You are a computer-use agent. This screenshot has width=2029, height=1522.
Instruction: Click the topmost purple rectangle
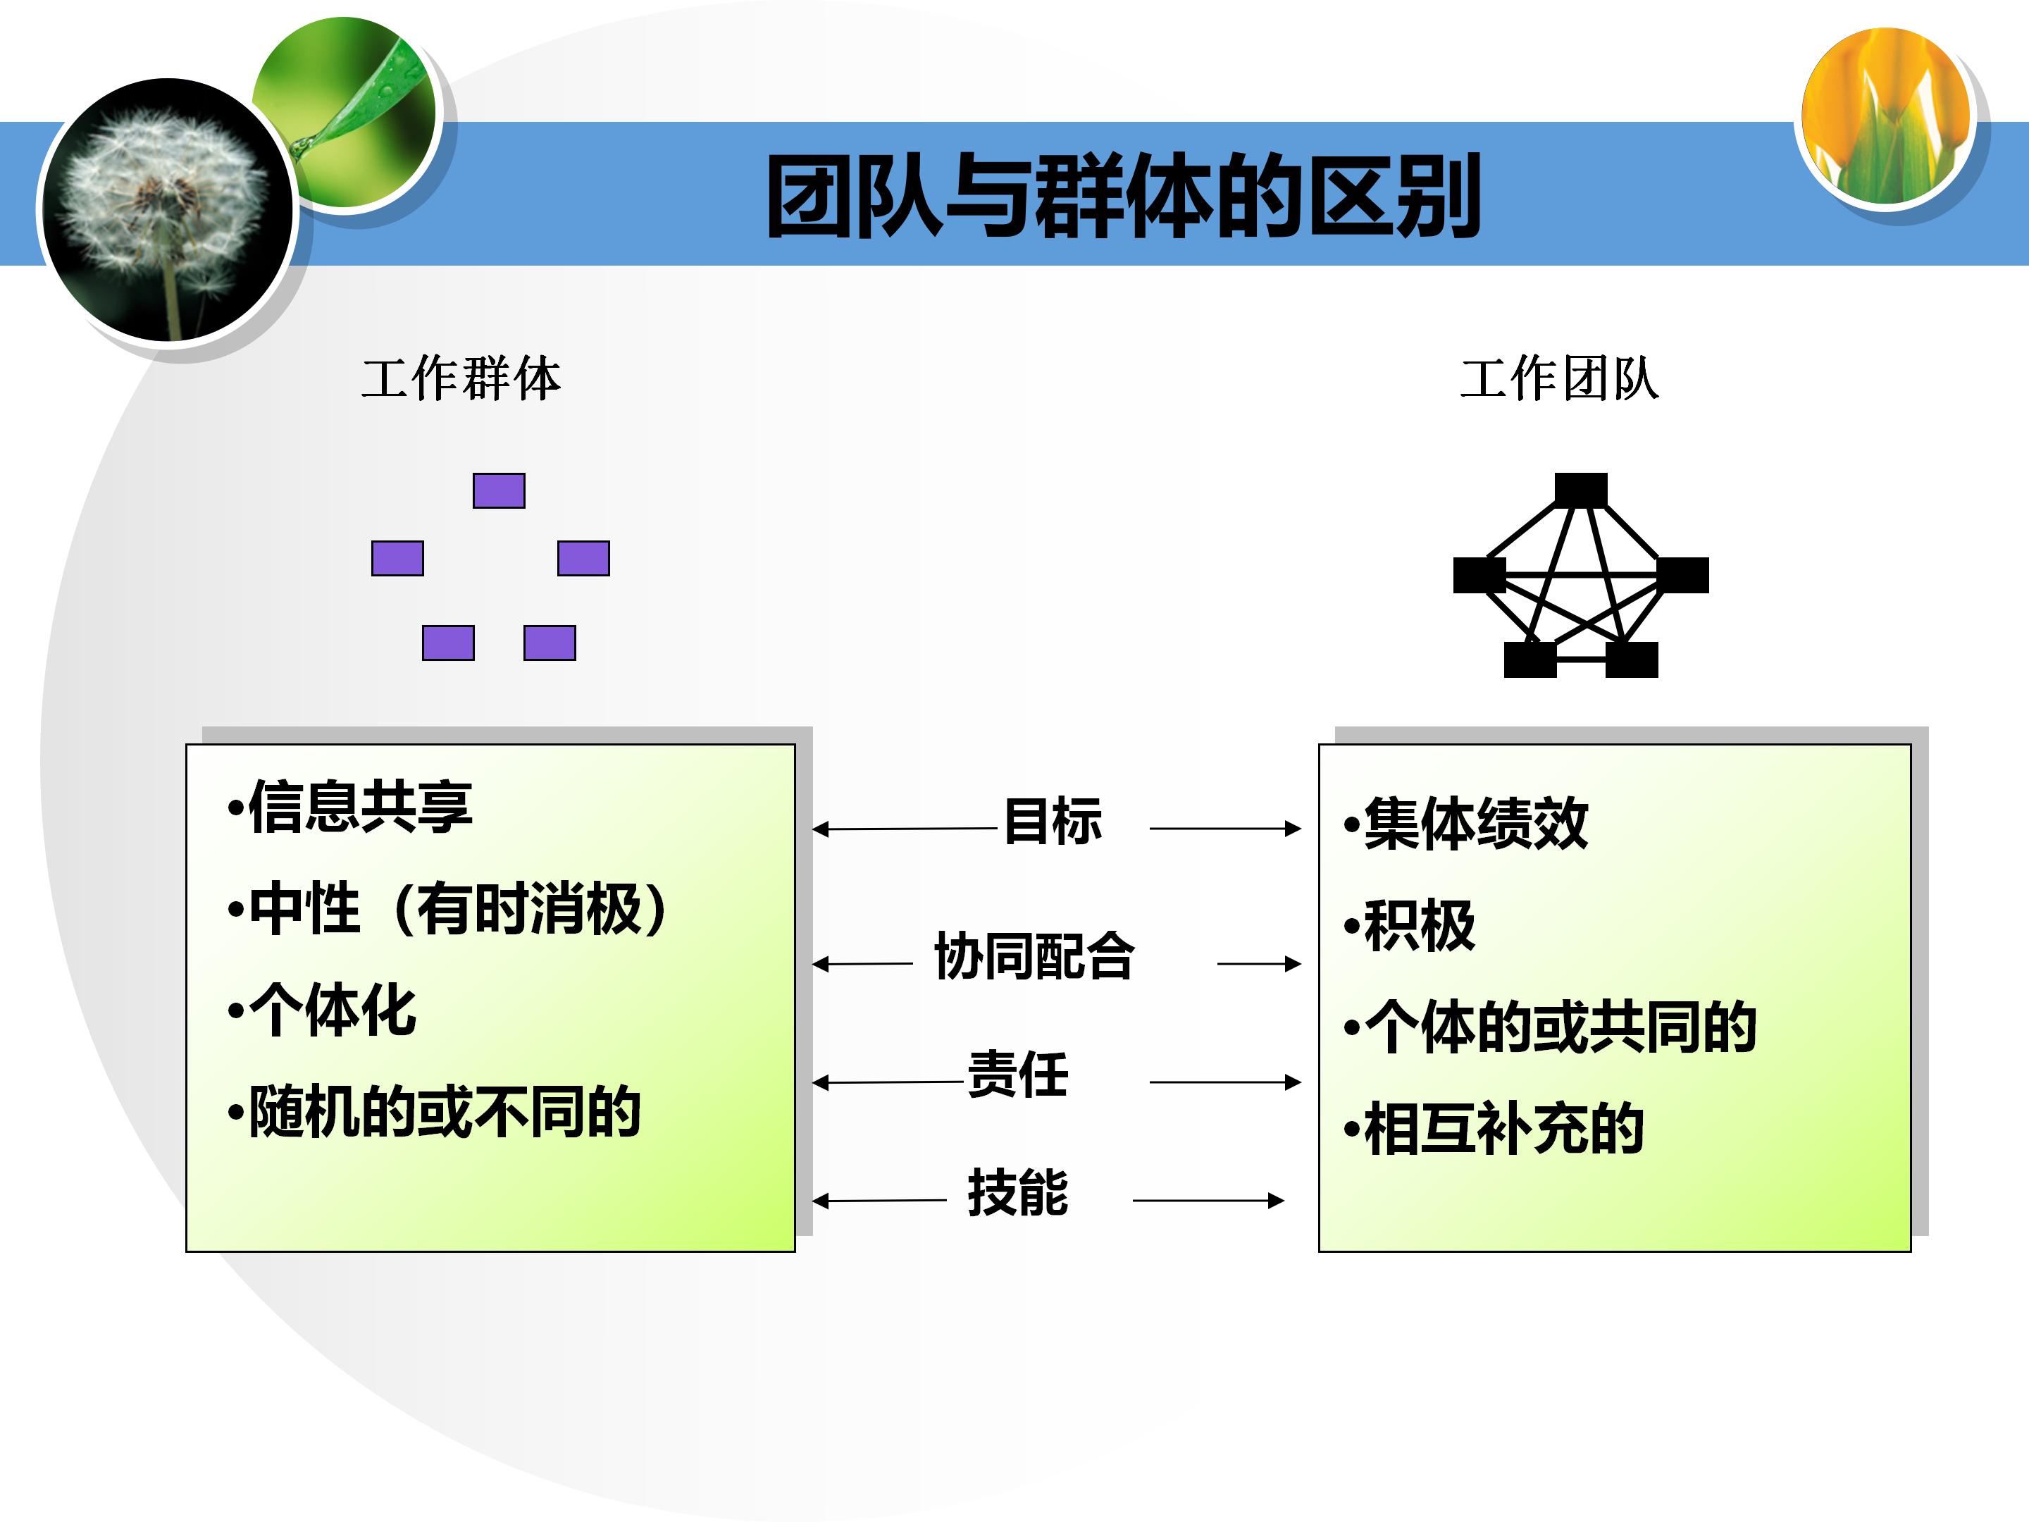pos(498,491)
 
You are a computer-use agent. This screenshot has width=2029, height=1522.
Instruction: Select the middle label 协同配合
pos(1034,956)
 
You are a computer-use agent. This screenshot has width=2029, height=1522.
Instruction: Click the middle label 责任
pos(1017,1075)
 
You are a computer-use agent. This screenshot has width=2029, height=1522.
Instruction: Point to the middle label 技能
pos(1017,1193)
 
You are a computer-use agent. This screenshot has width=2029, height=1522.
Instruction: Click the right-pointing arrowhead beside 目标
pos(1293,829)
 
